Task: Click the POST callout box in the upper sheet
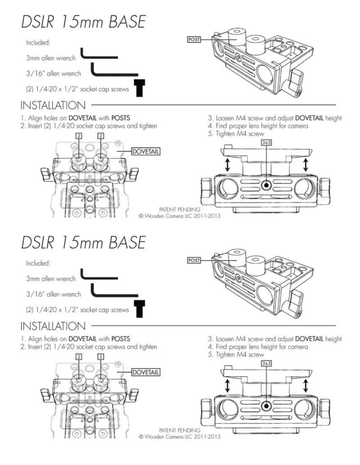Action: coord(193,39)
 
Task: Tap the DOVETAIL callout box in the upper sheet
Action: coord(145,151)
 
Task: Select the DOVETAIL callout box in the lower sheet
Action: coord(145,372)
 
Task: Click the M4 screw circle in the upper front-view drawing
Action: coord(267,184)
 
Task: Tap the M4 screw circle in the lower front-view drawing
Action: coord(267,405)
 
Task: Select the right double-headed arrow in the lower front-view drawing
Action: coord(306,386)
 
